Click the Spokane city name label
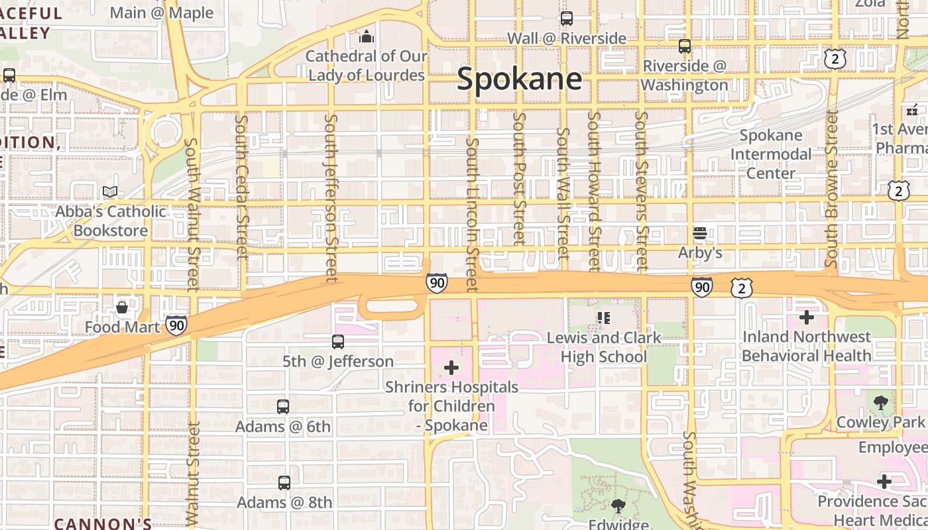(x=519, y=79)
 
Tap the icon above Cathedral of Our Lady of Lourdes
(x=367, y=36)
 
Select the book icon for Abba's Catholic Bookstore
(x=110, y=192)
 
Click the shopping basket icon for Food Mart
(x=123, y=307)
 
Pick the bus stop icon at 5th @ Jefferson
(x=338, y=342)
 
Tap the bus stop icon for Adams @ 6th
(x=283, y=406)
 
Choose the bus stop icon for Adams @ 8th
(x=284, y=483)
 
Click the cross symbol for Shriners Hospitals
(x=451, y=367)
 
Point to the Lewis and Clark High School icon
(x=603, y=317)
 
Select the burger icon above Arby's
(x=700, y=233)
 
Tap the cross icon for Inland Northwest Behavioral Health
(x=806, y=317)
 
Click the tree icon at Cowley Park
(x=880, y=402)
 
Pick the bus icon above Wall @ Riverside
(x=567, y=19)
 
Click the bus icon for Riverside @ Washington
(x=685, y=46)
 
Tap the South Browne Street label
(x=832, y=188)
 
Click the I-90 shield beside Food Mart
(x=176, y=325)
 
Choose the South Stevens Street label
(x=641, y=191)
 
